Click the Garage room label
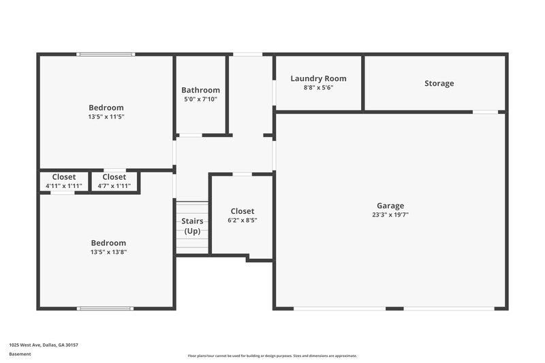click(x=390, y=206)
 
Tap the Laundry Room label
click(x=318, y=79)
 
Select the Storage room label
click(x=439, y=84)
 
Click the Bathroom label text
click(x=200, y=90)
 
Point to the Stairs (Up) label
click(x=192, y=226)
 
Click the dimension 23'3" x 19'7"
click(x=390, y=215)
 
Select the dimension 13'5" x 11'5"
click(x=106, y=116)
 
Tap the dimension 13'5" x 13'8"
click(x=109, y=252)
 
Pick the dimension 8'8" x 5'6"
click(x=318, y=88)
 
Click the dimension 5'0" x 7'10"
click(x=200, y=99)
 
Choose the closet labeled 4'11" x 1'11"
click(x=64, y=181)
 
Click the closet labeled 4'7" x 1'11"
click(x=114, y=181)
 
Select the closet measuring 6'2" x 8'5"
click(x=242, y=216)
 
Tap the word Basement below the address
click(x=20, y=354)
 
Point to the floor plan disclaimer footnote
click(x=272, y=356)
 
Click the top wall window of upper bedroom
click(x=106, y=54)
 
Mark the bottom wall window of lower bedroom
click(x=106, y=309)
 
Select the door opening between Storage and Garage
click(x=485, y=112)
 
